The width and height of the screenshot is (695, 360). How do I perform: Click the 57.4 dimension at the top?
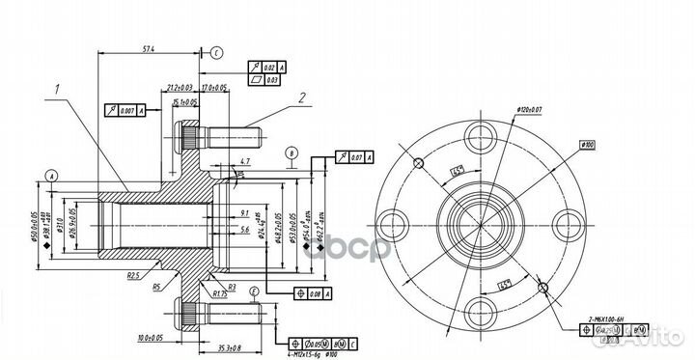click(148, 46)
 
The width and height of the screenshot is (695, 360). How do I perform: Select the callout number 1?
click(59, 92)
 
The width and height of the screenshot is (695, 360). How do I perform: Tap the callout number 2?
click(301, 97)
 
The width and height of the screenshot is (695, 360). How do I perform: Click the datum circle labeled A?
click(50, 175)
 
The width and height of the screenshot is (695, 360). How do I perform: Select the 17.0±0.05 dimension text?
click(215, 88)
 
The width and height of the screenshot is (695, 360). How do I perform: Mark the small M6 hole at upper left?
click(417, 161)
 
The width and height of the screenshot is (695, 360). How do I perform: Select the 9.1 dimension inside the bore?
click(244, 211)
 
